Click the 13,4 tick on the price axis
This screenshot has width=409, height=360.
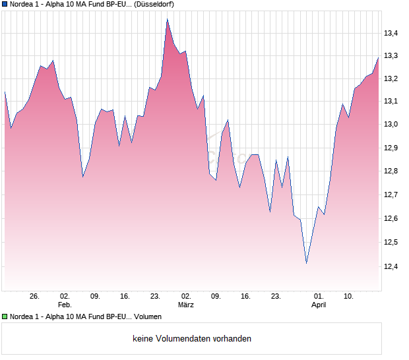click(x=393, y=32)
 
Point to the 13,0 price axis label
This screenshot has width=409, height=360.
click(x=393, y=124)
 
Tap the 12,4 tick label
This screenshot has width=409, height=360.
click(x=393, y=266)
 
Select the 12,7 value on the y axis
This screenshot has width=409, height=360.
click(x=393, y=195)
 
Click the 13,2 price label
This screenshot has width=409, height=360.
click(x=393, y=78)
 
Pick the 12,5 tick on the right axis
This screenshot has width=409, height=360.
click(x=393, y=243)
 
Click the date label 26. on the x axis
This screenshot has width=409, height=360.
click(x=35, y=296)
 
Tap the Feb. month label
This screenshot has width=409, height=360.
click(x=64, y=305)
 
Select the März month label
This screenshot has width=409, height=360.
click(x=186, y=305)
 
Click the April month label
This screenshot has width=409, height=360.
click(x=319, y=305)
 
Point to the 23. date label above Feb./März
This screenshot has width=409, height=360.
click(x=156, y=296)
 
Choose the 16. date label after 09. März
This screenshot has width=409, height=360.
click(x=246, y=296)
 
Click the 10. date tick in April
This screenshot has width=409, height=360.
click(x=349, y=296)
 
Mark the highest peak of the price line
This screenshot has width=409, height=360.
click(x=167, y=19)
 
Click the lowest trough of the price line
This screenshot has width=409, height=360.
click(x=306, y=263)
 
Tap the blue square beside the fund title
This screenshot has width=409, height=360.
click(x=5, y=4)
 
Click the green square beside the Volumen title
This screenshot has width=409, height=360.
click(x=5, y=316)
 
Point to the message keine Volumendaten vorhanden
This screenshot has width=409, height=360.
click(x=192, y=339)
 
